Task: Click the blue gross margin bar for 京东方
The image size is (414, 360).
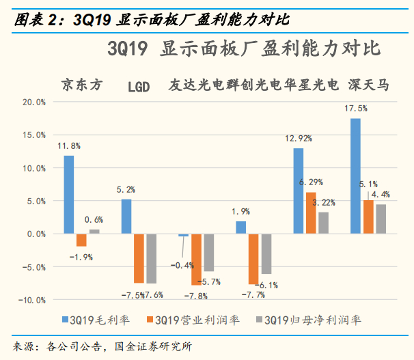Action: (68, 195)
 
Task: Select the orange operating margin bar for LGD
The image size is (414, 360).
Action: (139, 258)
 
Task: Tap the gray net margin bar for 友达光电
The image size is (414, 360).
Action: (208, 252)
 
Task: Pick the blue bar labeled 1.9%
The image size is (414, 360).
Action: (241, 227)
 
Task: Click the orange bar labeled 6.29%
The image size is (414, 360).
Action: (312, 212)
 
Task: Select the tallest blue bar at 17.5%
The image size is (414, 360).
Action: (356, 176)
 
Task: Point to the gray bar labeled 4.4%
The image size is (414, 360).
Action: (380, 219)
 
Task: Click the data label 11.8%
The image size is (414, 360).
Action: (69, 146)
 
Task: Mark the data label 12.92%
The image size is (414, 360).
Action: (299, 139)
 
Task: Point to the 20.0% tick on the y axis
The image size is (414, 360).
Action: (31, 102)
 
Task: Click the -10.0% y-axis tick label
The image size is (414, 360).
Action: (30, 300)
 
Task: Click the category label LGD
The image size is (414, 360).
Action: (139, 86)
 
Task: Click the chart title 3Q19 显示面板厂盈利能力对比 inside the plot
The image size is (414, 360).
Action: (243, 49)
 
